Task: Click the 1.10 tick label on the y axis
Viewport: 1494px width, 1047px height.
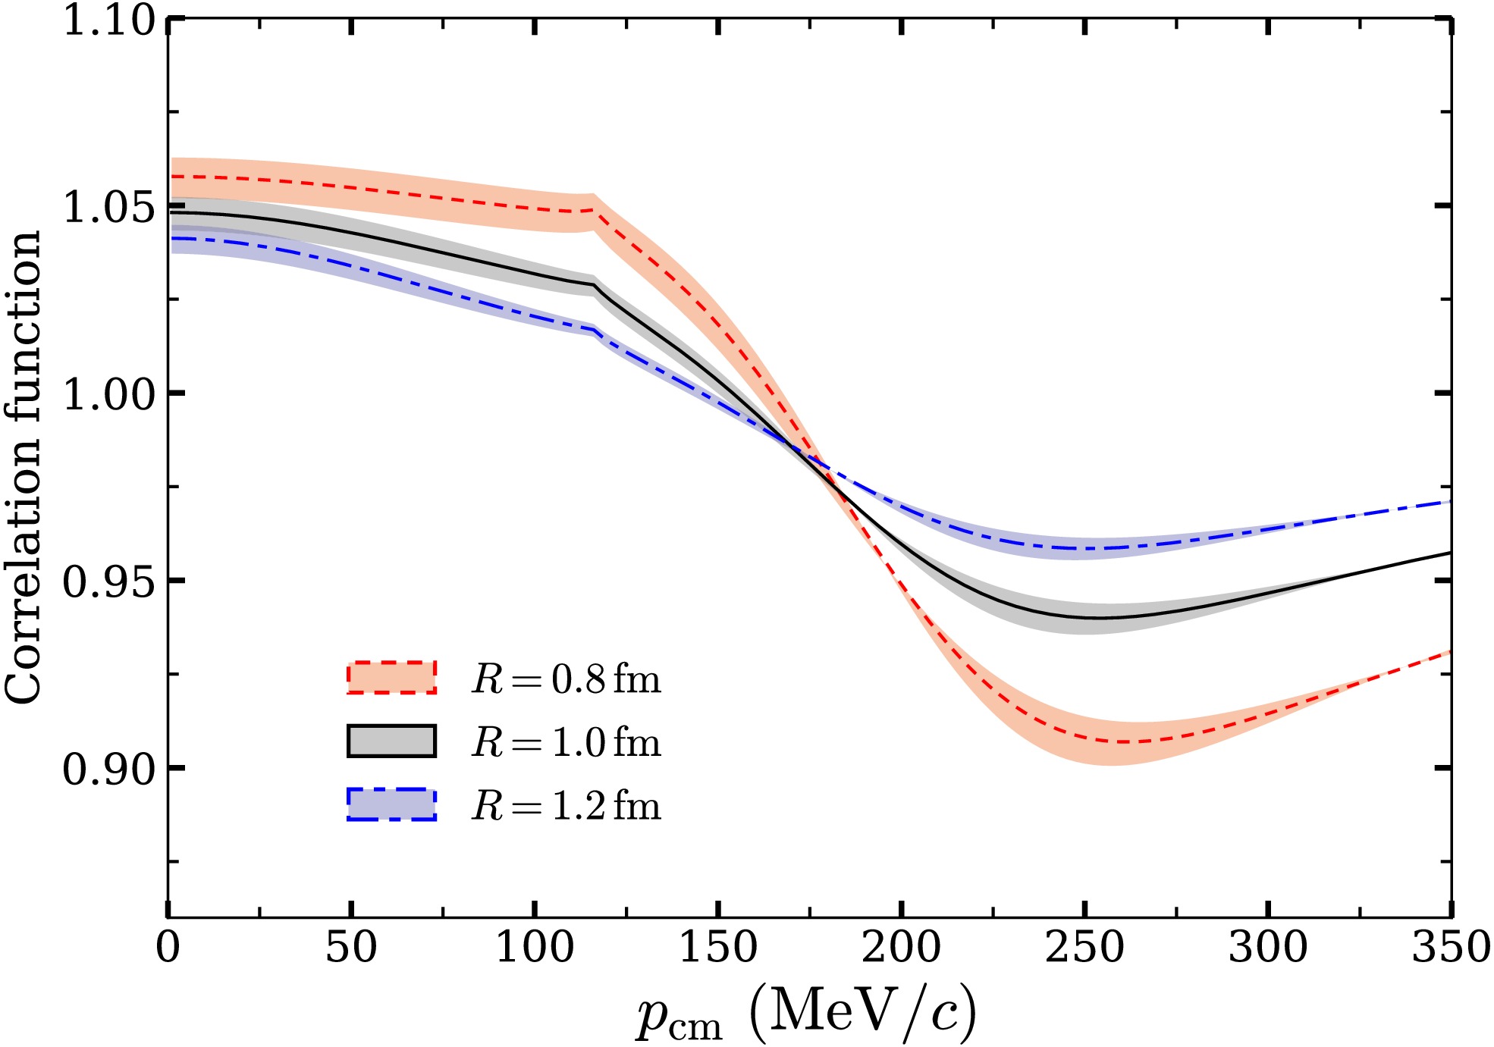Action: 109,20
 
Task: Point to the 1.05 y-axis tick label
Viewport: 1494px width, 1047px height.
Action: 109,206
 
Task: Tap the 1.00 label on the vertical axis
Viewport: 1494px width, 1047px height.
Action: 109,393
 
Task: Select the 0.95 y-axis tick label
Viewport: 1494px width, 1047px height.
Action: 109,581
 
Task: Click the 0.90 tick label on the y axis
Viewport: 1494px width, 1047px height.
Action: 109,769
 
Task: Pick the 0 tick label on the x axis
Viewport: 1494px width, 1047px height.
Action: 168,947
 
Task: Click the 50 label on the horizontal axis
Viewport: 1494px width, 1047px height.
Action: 351,947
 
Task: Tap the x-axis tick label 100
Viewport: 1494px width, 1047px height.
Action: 535,947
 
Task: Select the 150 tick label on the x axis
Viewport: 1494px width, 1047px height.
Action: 718,947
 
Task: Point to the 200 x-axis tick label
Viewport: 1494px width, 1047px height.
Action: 902,947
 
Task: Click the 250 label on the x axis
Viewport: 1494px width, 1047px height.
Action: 1085,947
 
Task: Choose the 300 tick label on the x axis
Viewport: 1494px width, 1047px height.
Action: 1268,947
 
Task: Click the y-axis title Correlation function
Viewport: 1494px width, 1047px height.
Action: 23,468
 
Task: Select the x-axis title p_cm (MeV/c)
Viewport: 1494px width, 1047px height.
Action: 806,1013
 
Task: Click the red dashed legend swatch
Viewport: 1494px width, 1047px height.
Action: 392,677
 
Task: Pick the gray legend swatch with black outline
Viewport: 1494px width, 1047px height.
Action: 392,741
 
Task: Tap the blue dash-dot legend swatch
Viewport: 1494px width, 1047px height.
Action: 392,804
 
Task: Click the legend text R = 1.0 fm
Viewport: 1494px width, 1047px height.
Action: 566,741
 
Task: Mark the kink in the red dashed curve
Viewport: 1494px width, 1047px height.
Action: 594,209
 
